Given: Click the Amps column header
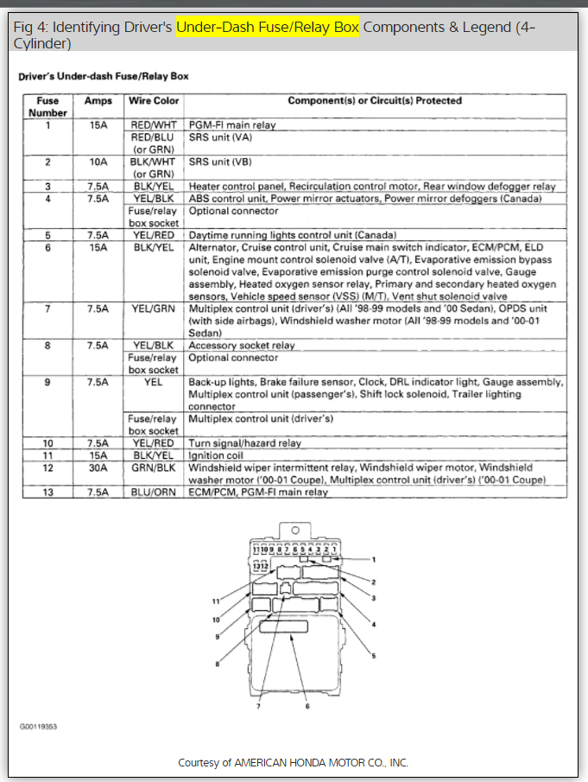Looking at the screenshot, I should click(98, 101).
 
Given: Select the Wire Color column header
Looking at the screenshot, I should click(154, 101).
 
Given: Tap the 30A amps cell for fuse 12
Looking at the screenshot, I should click(98, 467).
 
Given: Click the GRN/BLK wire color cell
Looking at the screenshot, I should click(154, 467).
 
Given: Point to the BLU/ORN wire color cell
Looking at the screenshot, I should click(154, 493).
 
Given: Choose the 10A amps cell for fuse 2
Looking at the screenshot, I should click(98, 162).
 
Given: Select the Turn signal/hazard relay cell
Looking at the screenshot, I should click(244, 443).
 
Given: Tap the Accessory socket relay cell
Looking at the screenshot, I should click(242, 346).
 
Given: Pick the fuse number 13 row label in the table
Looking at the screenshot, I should click(48, 493).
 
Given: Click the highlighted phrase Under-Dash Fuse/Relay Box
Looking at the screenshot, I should click(267, 27).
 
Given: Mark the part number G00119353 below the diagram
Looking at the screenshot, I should click(40, 727).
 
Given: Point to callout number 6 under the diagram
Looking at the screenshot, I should click(307, 706).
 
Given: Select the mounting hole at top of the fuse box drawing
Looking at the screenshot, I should click(294, 530).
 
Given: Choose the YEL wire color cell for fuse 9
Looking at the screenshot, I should click(154, 382).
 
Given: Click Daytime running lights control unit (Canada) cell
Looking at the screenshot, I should click(292, 235).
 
